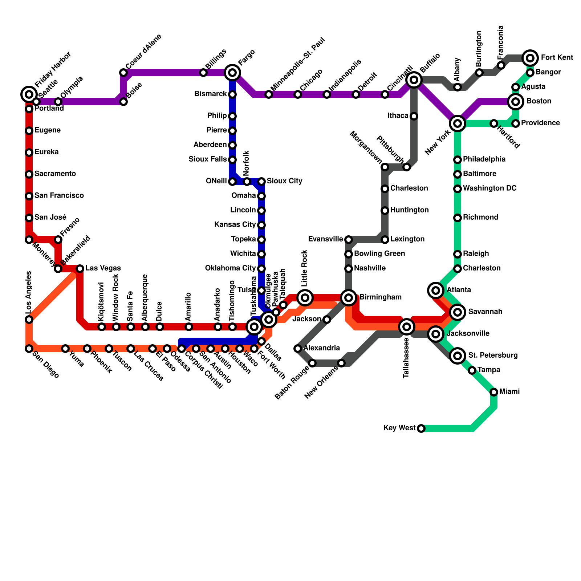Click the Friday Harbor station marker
[x=29, y=94]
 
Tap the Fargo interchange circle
[x=232, y=73]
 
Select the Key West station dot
[x=421, y=428]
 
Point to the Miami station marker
[x=494, y=392]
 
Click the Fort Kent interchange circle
[x=530, y=58]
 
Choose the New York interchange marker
[x=458, y=123]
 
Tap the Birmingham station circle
[x=349, y=298]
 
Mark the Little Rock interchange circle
[x=305, y=298]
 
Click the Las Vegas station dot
[x=80, y=269]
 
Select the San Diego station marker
[x=29, y=349]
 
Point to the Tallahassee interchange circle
[x=407, y=327]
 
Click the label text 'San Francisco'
[x=59, y=196]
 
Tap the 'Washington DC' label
[x=489, y=188]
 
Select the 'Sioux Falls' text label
[x=208, y=159]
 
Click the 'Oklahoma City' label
[x=230, y=268]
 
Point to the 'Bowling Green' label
[x=379, y=254]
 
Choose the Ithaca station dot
[x=414, y=116]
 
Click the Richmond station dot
[x=458, y=218]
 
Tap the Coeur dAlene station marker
[x=123, y=73]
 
